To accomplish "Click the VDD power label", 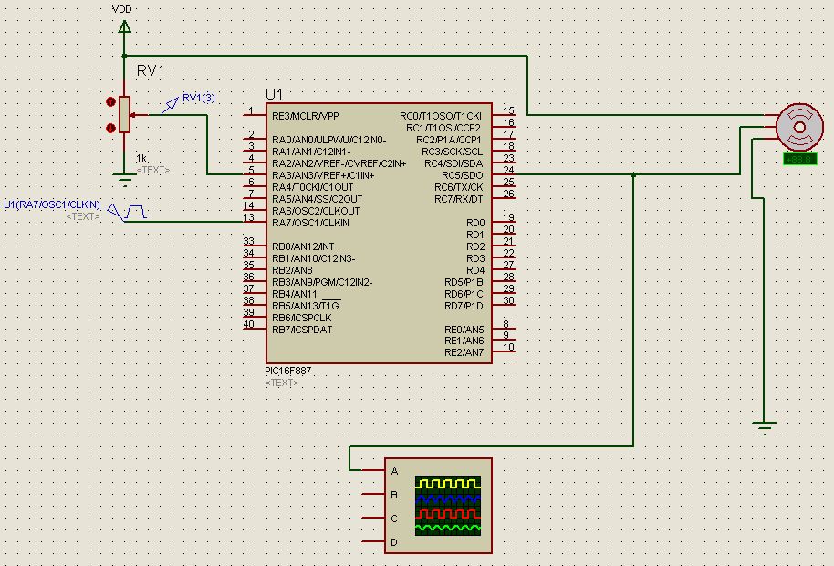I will pos(120,9).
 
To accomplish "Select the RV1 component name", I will pos(151,70).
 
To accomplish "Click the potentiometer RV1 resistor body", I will pos(125,115).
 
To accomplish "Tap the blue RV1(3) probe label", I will pos(198,98).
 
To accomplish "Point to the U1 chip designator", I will pos(275,95).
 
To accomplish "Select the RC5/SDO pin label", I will pos(462,174).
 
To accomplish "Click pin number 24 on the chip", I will pos(508,170).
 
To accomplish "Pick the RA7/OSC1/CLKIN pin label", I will pos(310,223).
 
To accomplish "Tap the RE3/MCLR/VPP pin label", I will pos(305,116).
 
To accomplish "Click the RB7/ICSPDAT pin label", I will pos(302,329).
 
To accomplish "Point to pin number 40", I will pos(248,324).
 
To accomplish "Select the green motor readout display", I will pos(799,160).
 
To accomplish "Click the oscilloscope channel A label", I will pos(394,471).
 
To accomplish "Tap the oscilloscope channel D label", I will pos(394,542).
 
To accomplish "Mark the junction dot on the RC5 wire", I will pos(632,174).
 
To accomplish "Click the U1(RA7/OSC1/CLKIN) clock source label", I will pos(52,204).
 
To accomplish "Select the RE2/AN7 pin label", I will pos(464,352).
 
